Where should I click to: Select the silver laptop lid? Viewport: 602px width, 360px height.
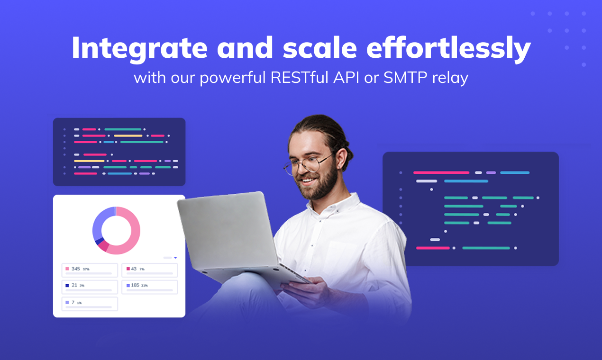click(228, 232)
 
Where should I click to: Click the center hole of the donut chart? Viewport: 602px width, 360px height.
click(116, 231)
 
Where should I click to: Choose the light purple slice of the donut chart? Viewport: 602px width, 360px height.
click(100, 223)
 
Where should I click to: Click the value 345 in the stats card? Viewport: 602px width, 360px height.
click(76, 269)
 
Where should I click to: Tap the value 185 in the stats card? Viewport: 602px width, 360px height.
click(135, 285)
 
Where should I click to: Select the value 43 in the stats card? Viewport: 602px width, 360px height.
click(134, 269)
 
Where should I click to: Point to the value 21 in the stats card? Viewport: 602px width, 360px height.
click(74, 285)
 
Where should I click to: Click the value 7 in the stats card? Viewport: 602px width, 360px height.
click(73, 302)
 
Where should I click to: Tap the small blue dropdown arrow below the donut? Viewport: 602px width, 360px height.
click(175, 258)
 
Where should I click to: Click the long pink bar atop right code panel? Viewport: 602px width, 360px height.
click(441, 173)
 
